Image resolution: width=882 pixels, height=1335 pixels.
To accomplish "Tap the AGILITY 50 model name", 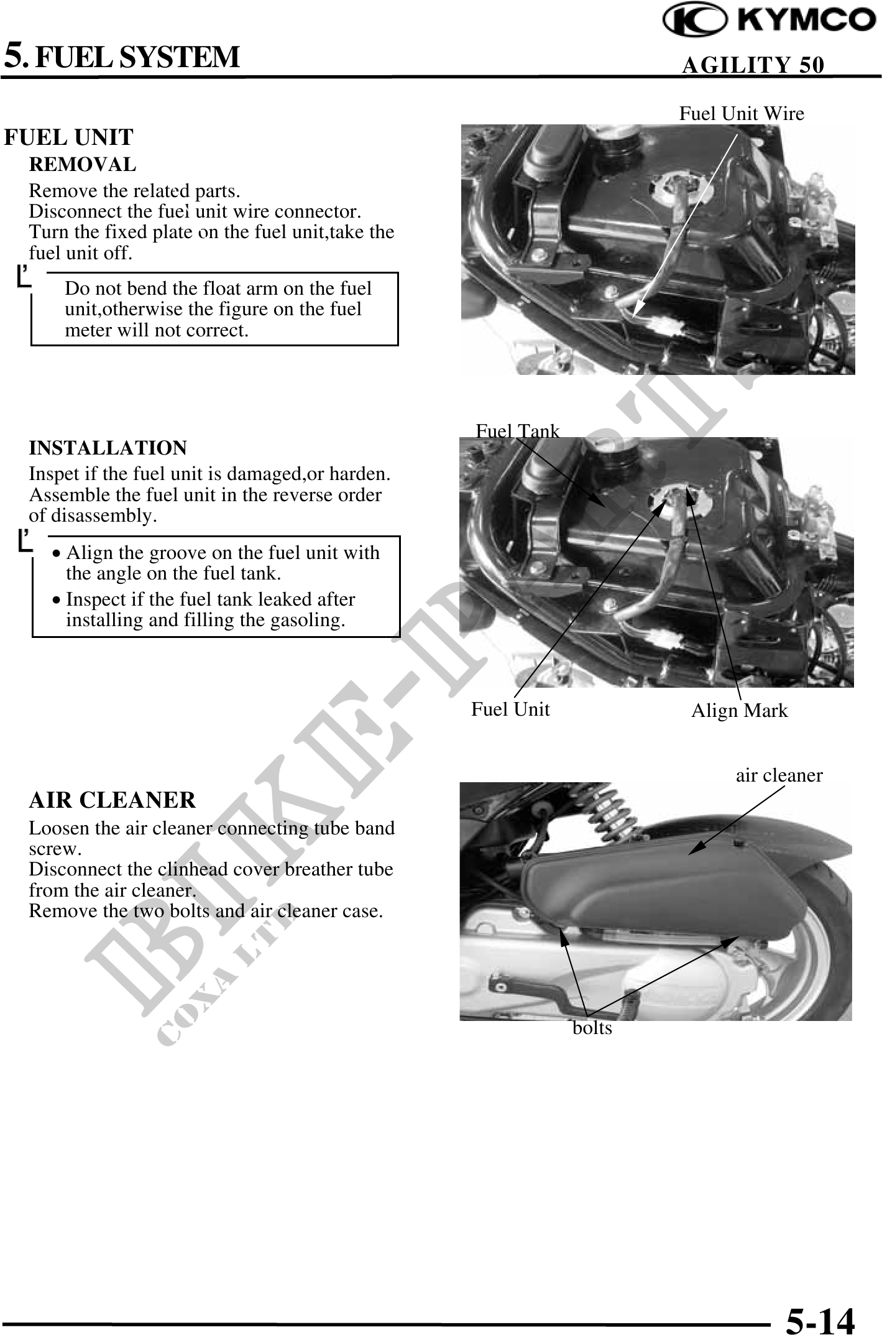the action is pyautogui.click(x=753, y=65).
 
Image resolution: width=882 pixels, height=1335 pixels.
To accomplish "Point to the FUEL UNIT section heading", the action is pyautogui.click(x=68, y=137).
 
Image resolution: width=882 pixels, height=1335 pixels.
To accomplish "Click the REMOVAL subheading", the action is pyautogui.click(x=83, y=165).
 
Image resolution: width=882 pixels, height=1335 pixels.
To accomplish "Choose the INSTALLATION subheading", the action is pyautogui.click(x=108, y=448).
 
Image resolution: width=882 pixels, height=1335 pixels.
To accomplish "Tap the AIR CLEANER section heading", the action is pyautogui.click(x=113, y=800).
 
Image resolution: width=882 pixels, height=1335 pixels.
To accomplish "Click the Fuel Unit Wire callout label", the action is pyautogui.click(x=742, y=114).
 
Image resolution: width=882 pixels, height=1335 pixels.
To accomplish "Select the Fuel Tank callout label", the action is pyautogui.click(x=518, y=431).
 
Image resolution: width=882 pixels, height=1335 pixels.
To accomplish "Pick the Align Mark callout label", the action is pyautogui.click(x=740, y=711).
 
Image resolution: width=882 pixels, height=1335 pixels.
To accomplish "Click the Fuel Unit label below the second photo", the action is pyautogui.click(x=510, y=709).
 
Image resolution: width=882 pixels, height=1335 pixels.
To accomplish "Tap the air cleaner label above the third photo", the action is pyautogui.click(x=779, y=775).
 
